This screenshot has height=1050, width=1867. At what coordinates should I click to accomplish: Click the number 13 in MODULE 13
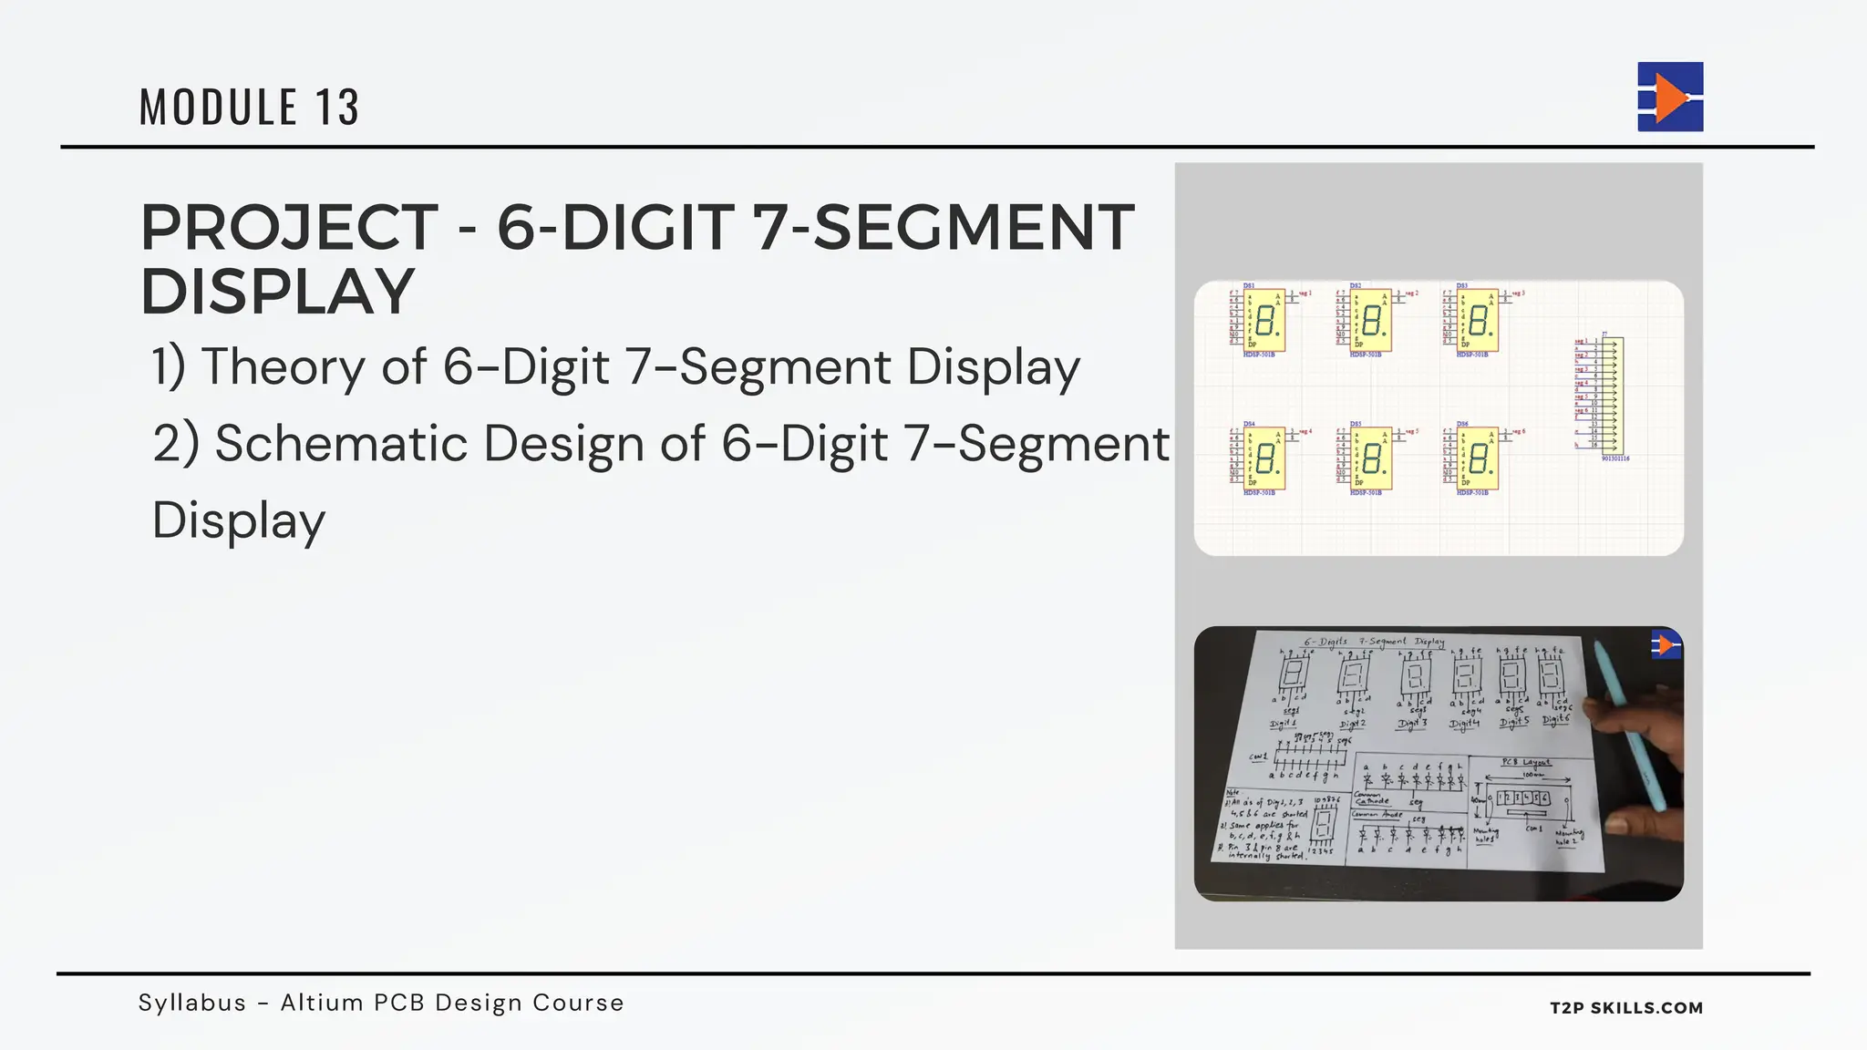[x=337, y=108]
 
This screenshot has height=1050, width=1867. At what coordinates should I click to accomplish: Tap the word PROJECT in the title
[x=289, y=228]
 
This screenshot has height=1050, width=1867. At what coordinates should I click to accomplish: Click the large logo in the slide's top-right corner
[x=1670, y=97]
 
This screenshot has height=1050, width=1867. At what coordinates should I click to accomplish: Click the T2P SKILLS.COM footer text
[x=1626, y=1008]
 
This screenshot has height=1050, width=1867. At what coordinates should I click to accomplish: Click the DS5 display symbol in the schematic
[x=1371, y=458]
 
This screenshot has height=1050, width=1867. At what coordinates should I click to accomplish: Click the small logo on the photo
[x=1666, y=645]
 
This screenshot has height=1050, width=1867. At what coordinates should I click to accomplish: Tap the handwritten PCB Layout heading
[x=1526, y=762]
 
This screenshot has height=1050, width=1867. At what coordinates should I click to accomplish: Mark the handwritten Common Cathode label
[x=1371, y=798]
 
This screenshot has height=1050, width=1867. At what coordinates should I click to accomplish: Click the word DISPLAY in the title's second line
[x=278, y=293]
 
